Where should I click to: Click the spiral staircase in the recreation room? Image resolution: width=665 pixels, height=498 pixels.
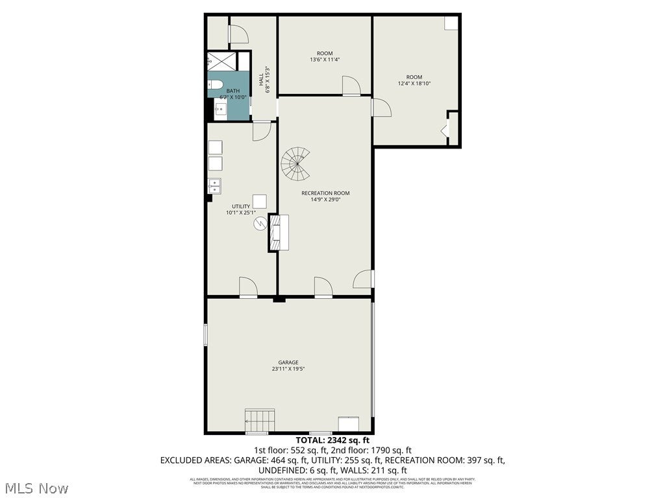296,164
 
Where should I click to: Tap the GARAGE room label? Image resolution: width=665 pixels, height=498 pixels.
289,362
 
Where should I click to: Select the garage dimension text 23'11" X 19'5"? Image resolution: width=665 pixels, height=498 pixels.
289,369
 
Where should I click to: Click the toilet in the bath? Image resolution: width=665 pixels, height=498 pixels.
216,84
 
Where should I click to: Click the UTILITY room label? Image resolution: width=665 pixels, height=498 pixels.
241,206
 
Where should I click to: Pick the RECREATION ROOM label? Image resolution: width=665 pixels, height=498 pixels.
325,193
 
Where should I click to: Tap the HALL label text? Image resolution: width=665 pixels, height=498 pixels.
261,80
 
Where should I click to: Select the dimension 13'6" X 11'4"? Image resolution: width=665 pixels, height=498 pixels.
325,60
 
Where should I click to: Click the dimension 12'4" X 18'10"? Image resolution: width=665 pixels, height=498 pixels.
414,84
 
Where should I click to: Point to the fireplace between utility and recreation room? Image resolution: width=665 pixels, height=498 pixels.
279,233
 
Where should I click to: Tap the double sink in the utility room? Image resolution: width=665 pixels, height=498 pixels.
214,186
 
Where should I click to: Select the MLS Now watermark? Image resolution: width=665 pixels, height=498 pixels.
36,487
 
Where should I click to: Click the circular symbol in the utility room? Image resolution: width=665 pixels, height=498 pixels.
260,224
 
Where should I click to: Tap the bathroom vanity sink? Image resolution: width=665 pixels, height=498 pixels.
221,109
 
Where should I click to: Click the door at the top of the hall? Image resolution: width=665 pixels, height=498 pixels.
237,33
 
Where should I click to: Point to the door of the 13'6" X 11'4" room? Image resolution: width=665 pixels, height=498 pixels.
351,86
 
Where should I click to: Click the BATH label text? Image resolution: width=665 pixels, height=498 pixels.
232,91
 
